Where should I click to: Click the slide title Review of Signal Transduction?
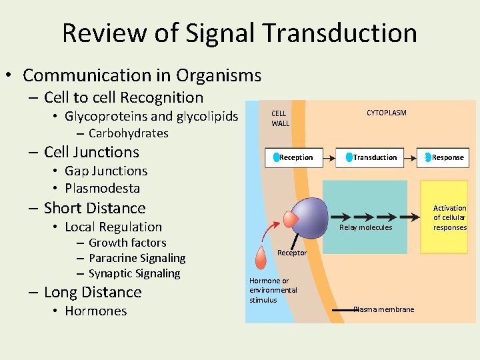[239, 33]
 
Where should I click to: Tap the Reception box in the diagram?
[294, 157]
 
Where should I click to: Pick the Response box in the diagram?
[445, 157]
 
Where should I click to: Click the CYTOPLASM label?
[387, 113]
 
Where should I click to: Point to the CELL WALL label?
[280, 119]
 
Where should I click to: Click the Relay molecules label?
[365, 228]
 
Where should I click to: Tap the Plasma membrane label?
[383, 309]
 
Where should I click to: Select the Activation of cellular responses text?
[450, 218]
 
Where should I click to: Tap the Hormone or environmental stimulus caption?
[273, 291]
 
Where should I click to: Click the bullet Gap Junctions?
[105, 171]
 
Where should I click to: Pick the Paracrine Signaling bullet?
[137, 258]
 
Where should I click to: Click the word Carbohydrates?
[128, 133]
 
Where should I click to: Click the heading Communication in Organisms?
[141, 76]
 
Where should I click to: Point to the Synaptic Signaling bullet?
[134, 273]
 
